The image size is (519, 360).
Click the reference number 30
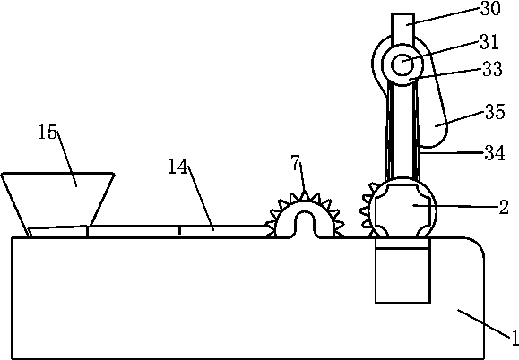[490, 8]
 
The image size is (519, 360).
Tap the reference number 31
[489, 42]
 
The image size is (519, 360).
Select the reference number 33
[492, 70]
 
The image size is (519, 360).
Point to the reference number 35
[495, 112]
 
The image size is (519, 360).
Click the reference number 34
[495, 153]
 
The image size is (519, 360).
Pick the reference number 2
[504, 208]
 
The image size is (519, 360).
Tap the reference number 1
[514, 338]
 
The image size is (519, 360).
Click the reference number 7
[295, 163]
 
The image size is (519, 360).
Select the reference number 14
[177, 167]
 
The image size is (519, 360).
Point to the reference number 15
[48, 132]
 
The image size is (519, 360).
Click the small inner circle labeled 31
[402, 64]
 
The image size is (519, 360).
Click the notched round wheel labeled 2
[402, 209]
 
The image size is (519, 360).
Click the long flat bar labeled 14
[178, 231]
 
